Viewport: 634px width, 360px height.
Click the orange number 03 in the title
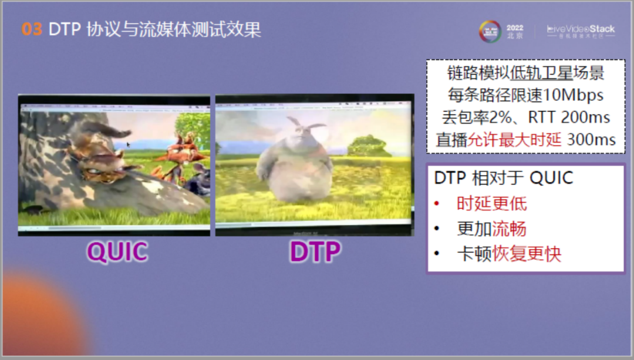pyautogui.click(x=32, y=29)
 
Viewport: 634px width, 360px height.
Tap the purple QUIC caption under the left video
pyautogui.click(x=117, y=252)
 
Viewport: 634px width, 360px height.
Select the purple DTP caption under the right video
pyautogui.click(x=315, y=252)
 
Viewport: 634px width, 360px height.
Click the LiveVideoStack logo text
pyautogui.click(x=581, y=29)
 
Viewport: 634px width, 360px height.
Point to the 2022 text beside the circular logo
pyautogui.click(x=515, y=28)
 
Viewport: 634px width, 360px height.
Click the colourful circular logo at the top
pyautogui.click(x=490, y=31)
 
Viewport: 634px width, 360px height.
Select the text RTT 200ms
pyautogui.click(x=568, y=117)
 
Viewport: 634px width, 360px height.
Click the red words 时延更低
pyautogui.click(x=492, y=203)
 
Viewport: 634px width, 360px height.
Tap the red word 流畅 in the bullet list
pyautogui.click(x=509, y=228)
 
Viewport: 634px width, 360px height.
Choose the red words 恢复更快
pyautogui.click(x=527, y=254)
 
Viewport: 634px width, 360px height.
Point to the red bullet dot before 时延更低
pyautogui.click(x=436, y=204)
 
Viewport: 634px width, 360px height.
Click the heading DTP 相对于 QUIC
pyautogui.click(x=503, y=178)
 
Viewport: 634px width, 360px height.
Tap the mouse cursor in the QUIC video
pyautogui.click(x=129, y=144)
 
